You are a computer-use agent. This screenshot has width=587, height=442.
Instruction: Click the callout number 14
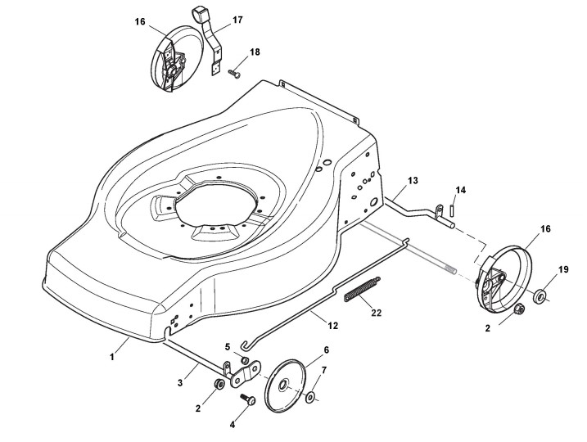pyautogui.click(x=461, y=190)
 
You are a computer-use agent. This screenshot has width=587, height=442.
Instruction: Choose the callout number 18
pyautogui.click(x=255, y=52)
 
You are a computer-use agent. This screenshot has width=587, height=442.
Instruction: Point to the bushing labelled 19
pyautogui.click(x=542, y=295)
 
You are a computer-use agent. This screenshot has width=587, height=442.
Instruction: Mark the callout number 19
pyautogui.click(x=563, y=270)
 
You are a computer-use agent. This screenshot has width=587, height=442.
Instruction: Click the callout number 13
pyautogui.click(x=412, y=179)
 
